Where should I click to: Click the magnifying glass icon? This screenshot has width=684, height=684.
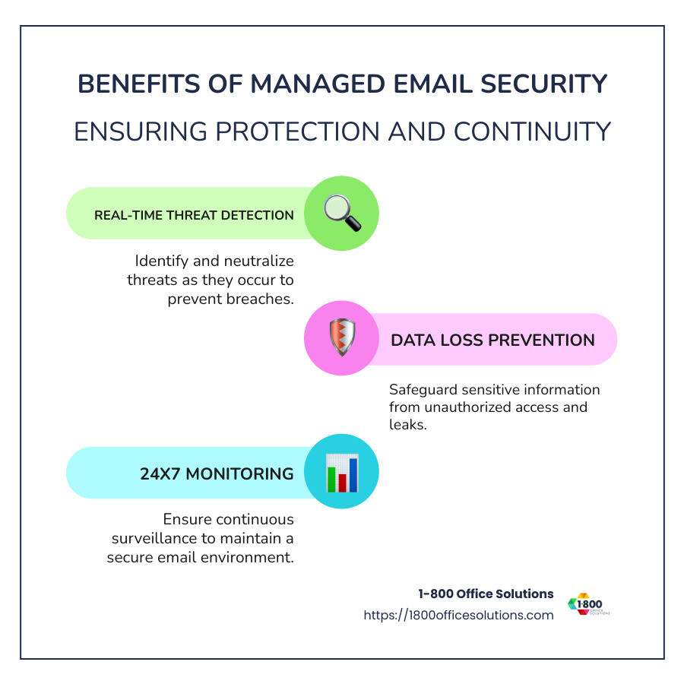coord(341,214)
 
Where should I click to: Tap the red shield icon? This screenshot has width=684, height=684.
coord(341,339)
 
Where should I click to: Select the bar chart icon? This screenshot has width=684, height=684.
coord(341,473)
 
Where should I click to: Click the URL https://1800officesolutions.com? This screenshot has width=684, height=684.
coord(458,616)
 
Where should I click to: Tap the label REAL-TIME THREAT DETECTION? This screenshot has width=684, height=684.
coord(194,215)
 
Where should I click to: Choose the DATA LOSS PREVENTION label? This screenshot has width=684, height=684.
coord(492,340)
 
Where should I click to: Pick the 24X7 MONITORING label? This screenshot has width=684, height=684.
coord(217,473)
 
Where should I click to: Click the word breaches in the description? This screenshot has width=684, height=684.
coord(257,299)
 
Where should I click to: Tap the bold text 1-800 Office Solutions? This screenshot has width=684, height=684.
coord(486,594)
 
